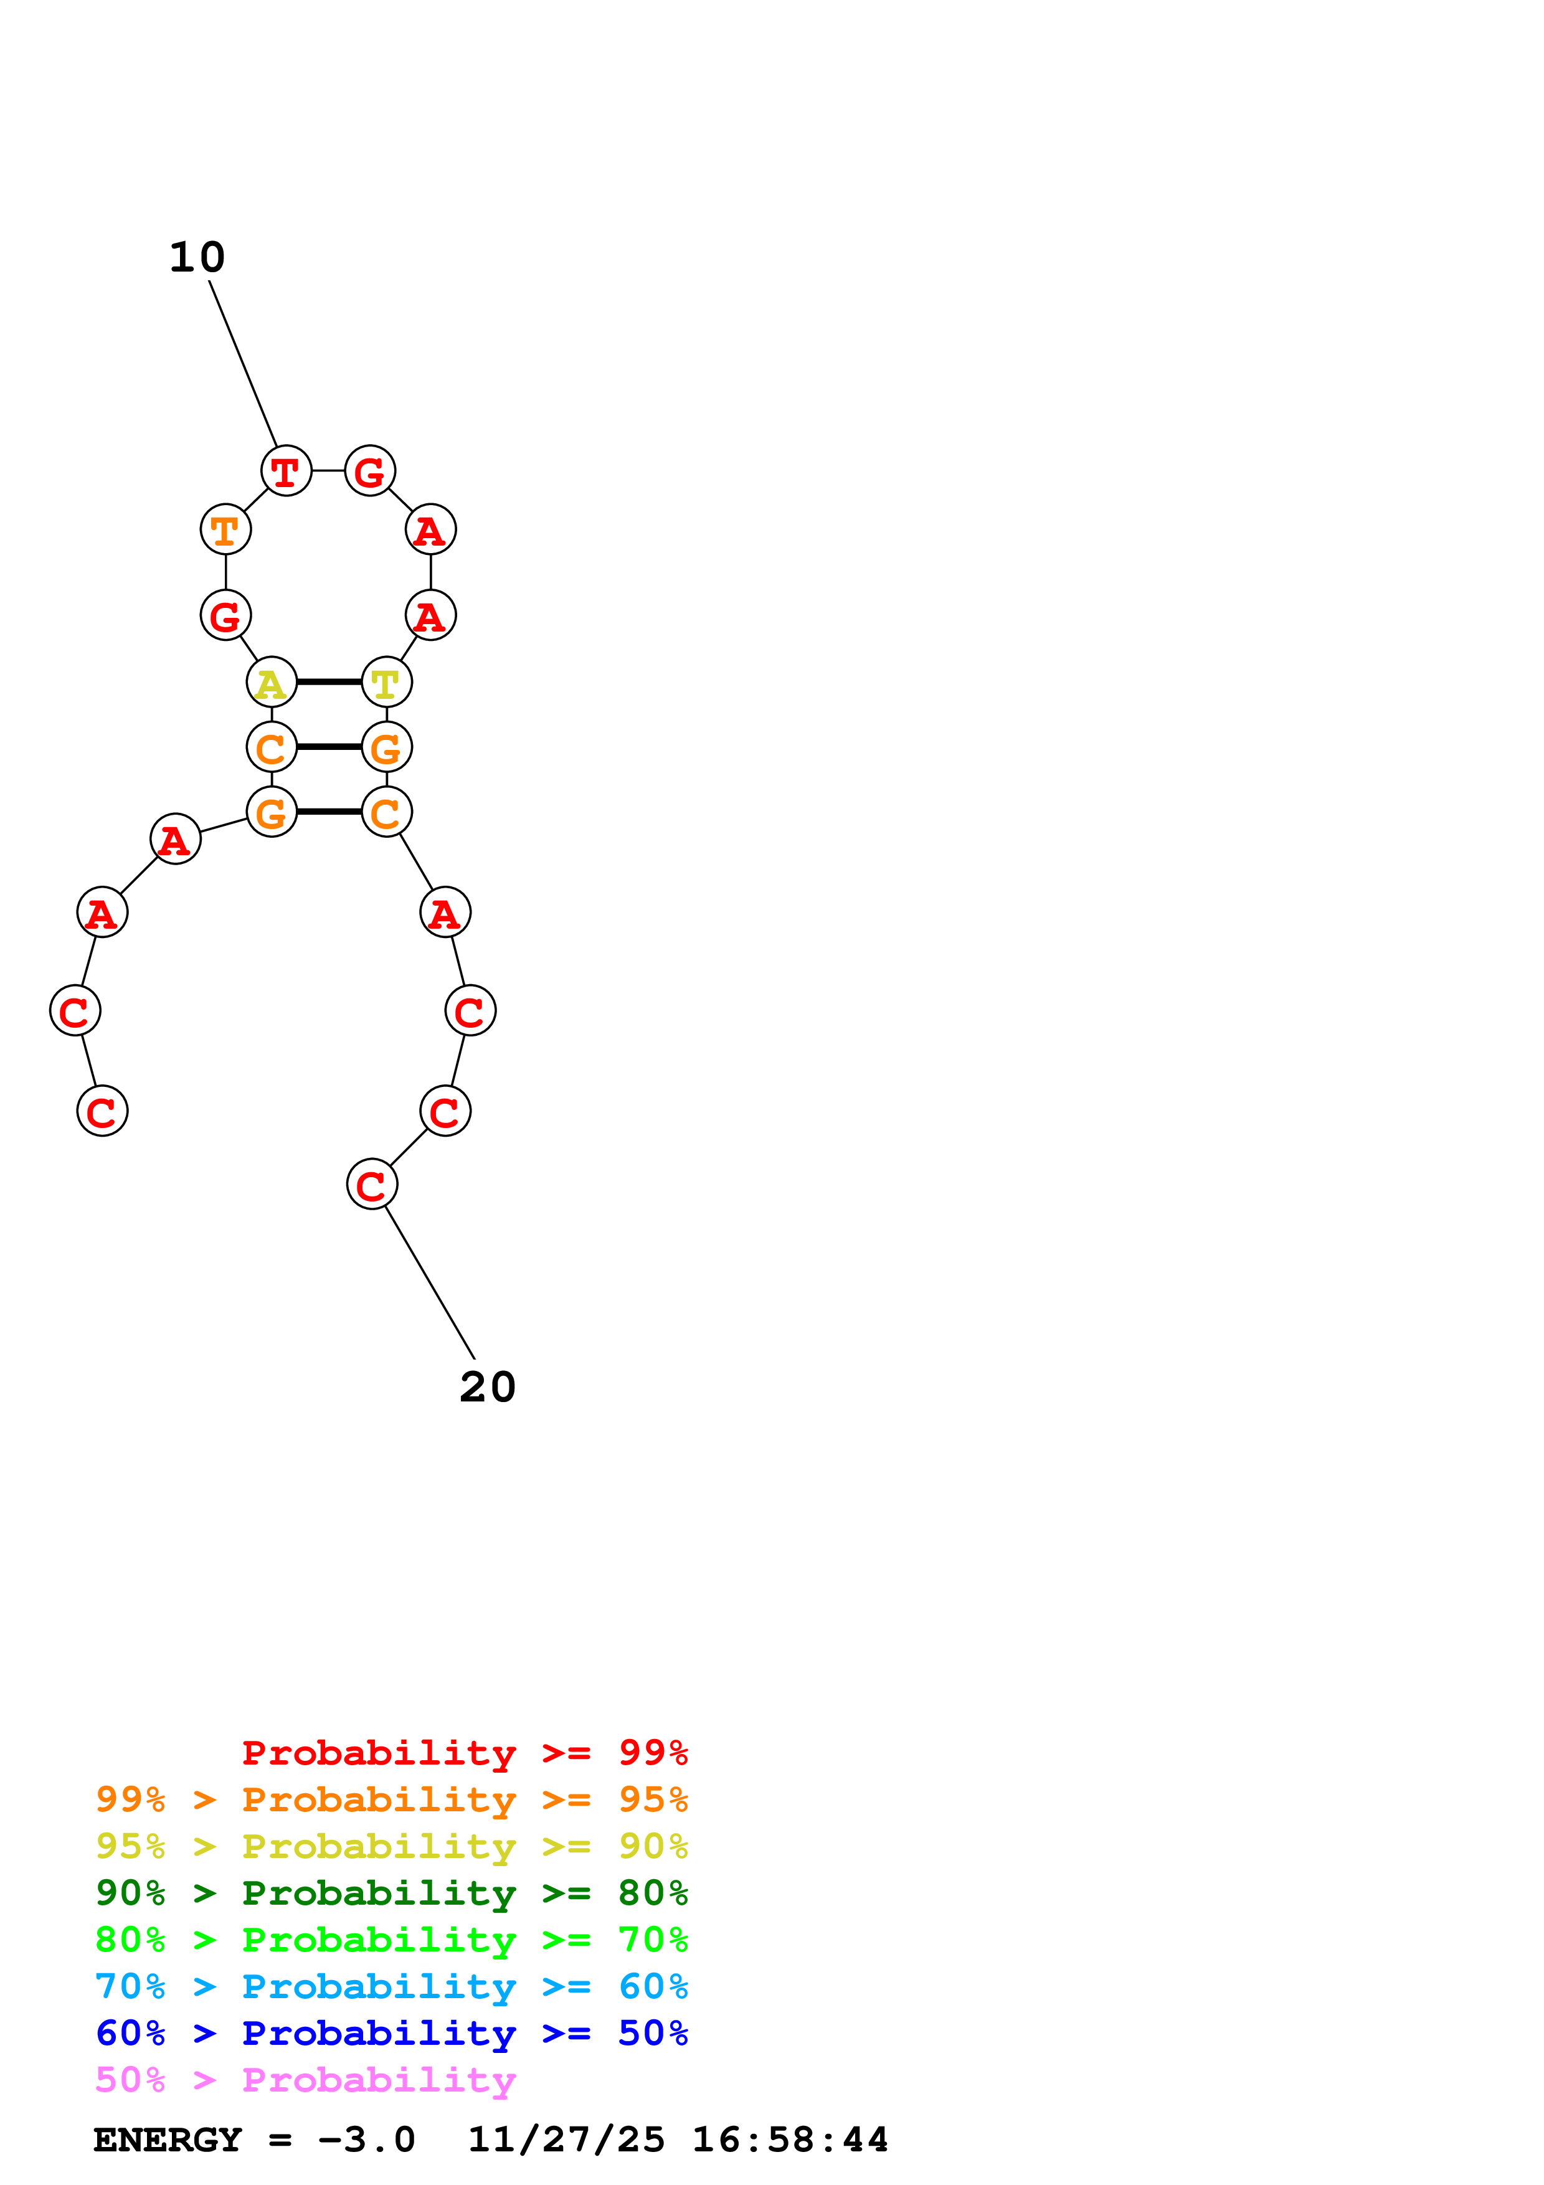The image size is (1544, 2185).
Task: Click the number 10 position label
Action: (197, 257)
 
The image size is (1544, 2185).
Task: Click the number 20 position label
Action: (487, 1386)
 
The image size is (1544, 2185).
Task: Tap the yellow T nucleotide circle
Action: (386, 682)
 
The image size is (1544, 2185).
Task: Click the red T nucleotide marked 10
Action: (285, 471)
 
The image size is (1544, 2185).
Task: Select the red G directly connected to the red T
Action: (370, 471)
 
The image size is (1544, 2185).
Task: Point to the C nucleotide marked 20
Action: (372, 1184)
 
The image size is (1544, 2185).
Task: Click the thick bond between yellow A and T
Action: (329, 682)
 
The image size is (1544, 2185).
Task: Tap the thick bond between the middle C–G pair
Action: (329, 747)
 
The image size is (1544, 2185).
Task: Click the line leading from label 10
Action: (242, 363)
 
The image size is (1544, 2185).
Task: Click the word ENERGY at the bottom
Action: (168, 2140)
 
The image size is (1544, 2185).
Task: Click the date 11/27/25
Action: (566, 2140)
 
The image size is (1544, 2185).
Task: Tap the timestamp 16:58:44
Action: (790, 2140)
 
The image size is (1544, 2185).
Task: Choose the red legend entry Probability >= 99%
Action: (464, 1753)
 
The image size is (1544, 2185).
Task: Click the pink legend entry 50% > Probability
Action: (305, 2080)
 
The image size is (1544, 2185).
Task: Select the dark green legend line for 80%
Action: (391, 1893)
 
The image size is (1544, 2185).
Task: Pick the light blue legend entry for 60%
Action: (391, 1987)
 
